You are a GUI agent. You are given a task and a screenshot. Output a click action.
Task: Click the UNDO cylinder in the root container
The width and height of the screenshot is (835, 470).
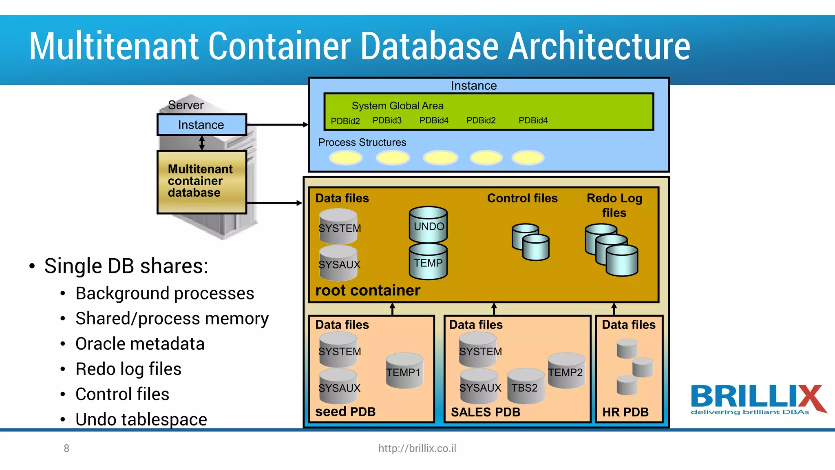428,225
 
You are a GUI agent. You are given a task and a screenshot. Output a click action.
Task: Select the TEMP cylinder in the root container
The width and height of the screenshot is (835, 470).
428,262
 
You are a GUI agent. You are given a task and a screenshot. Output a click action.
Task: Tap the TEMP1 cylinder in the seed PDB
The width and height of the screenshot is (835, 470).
404,371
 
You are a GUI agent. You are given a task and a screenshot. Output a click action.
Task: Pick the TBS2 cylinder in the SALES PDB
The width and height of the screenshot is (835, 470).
525,387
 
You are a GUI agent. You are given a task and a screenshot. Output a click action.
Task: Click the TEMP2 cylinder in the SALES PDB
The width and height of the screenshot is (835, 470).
566,371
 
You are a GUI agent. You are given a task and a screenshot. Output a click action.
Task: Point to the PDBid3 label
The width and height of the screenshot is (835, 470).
387,120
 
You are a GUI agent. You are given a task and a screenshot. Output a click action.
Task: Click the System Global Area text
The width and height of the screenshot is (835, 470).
398,106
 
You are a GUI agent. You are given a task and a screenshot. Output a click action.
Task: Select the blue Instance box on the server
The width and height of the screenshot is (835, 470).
201,124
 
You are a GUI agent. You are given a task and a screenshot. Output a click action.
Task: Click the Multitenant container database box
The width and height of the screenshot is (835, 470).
201,182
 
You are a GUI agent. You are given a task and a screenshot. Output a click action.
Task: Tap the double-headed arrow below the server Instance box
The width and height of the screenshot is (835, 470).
202,143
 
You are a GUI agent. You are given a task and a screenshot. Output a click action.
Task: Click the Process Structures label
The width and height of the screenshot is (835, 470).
362,142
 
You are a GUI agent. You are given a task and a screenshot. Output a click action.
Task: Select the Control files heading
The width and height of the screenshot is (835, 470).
522,198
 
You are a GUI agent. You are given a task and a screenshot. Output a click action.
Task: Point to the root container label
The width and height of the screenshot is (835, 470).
367,290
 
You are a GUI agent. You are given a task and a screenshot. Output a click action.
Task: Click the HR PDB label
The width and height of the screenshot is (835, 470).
625,412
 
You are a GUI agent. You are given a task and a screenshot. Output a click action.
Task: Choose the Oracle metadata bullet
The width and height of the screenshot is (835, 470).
140,344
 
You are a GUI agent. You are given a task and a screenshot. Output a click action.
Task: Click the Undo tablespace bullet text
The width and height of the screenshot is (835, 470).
141,419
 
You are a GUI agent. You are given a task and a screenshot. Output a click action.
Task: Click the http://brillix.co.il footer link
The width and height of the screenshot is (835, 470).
417,448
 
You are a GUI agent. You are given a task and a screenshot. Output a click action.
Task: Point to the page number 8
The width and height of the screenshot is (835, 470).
66,448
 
